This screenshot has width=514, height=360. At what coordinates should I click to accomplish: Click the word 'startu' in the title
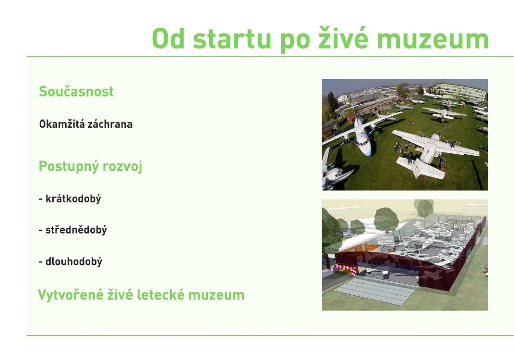(x=232, y=39)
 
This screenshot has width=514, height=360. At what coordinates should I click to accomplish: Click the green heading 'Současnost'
(x=76, y=91)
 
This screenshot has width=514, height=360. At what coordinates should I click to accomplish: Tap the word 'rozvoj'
(x=122, y=167)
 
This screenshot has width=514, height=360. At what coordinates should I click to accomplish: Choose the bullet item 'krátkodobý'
(x=73, y=199)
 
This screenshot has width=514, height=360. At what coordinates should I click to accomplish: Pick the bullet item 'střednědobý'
(x=76, y=230)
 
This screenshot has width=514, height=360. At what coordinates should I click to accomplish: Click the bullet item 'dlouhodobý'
(x=74, y=261)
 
